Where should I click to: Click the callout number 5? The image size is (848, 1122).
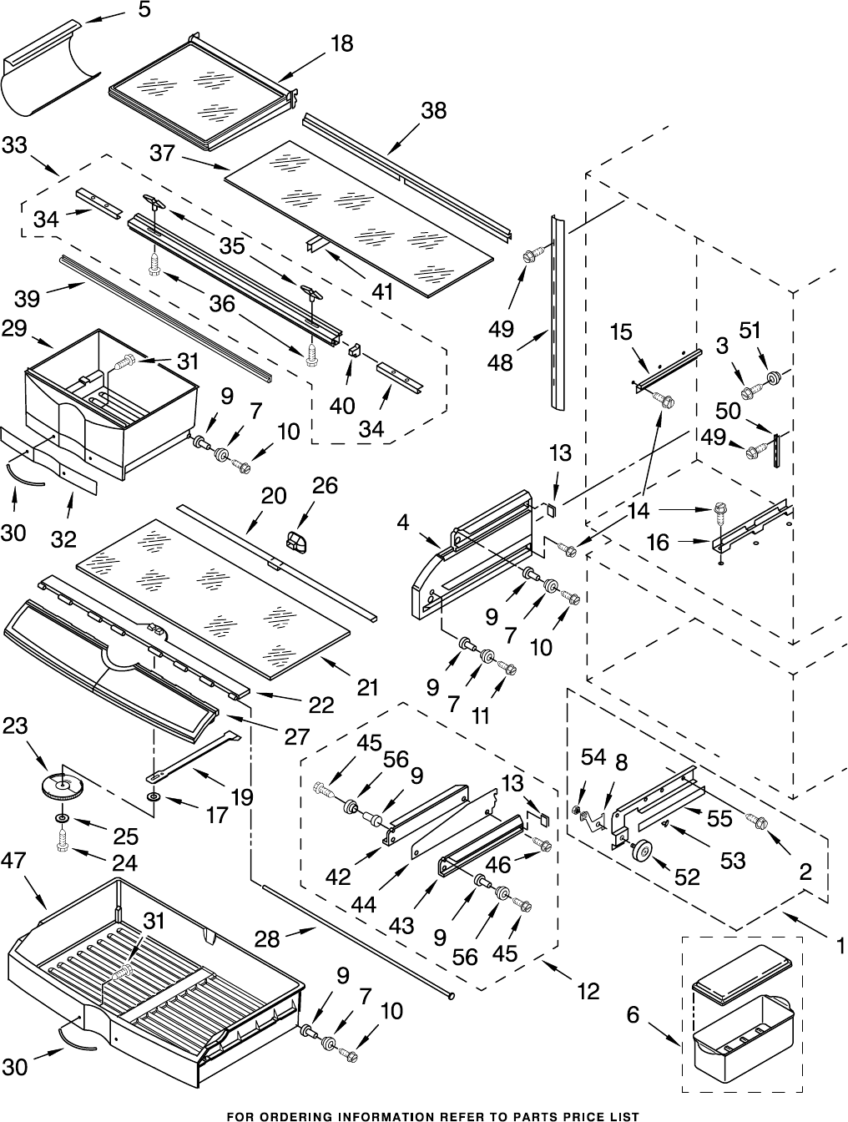tap(144, 11)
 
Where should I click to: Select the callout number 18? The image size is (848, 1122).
tap(341, 44)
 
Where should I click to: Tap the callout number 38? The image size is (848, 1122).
tap(433, 110)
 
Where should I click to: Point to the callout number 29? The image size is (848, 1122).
tap(13, 329)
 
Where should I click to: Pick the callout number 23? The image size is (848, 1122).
tap(15, 726)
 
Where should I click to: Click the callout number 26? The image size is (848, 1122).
tap(325, 486)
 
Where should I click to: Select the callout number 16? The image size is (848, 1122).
tap(658, 543)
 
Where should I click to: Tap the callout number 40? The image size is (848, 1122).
tap(341, 406)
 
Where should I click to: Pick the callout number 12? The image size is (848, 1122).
tap(588, 991)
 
